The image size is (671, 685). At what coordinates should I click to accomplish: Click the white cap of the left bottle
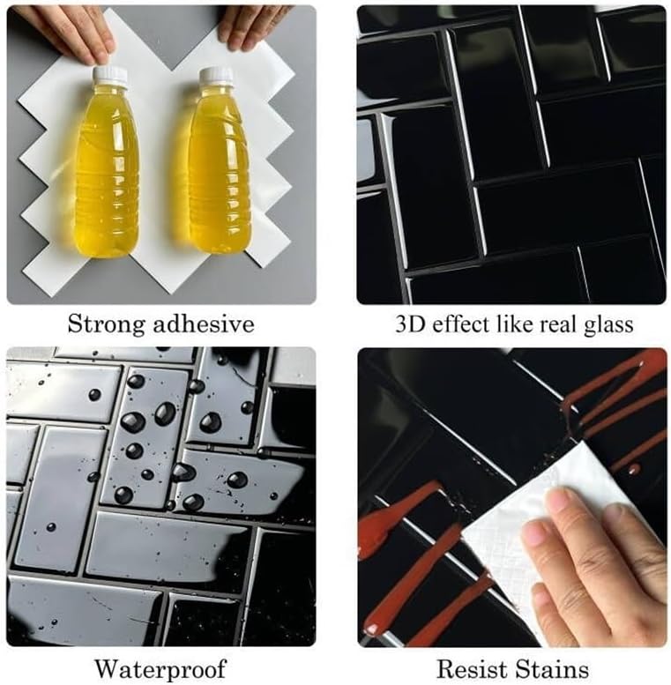pos(110,75)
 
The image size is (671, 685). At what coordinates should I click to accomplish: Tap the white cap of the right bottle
pos(216,76)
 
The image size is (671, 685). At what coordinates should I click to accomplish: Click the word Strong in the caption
pos(106,325)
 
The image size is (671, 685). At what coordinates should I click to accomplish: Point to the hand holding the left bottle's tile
pos(70,32)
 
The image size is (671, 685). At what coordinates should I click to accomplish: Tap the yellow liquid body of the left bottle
pos(108,170)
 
